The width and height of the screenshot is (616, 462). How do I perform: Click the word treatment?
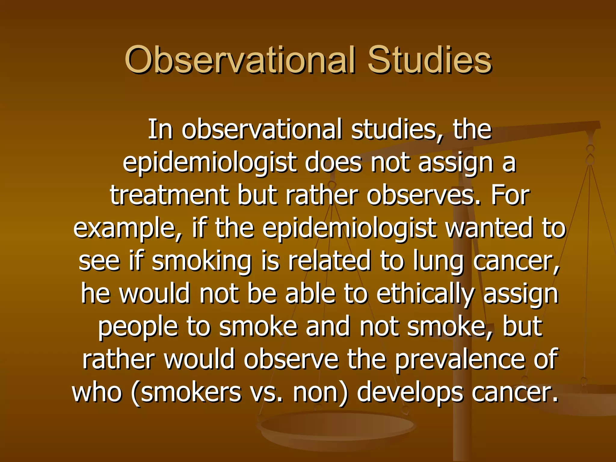169,195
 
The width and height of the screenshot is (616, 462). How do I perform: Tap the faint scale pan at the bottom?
337,427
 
